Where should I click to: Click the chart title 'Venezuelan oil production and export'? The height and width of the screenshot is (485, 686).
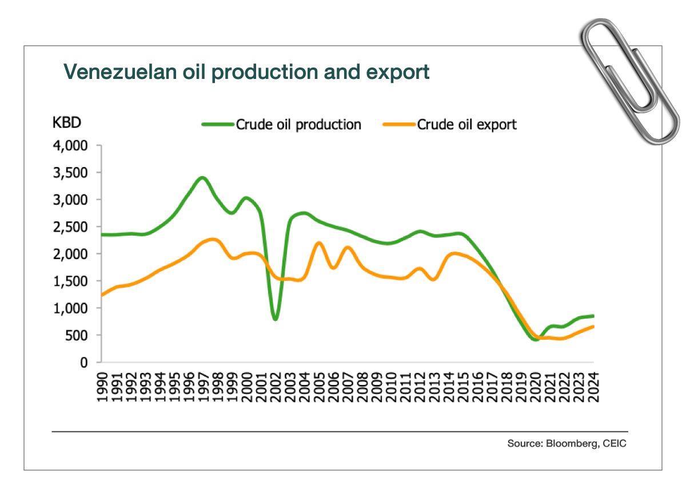coord(246,72)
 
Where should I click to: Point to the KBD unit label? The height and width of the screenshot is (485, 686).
coord(67,122)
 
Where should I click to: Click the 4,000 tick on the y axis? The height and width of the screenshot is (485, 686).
coord(71,146)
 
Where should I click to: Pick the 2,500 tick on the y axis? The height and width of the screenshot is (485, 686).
coord(71,227)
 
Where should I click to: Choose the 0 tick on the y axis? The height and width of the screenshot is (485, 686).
coord(83,362)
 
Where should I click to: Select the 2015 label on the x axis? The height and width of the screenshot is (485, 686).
coord(464,386)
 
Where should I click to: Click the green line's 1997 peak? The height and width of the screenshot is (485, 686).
coord(202,178)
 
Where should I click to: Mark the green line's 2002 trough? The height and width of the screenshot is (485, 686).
coord(276,319)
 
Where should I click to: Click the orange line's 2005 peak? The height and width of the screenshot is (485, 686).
coord(319,243)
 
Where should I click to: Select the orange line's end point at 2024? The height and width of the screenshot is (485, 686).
coord(593,327)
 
